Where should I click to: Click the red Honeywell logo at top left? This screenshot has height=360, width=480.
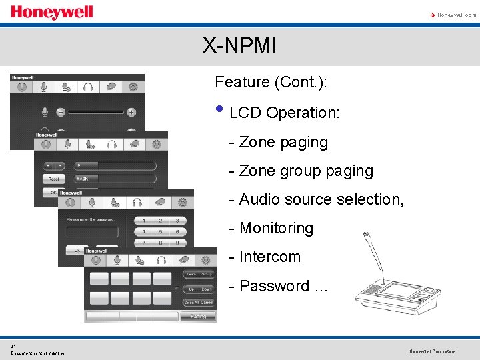52,12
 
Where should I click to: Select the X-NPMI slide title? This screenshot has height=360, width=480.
240,46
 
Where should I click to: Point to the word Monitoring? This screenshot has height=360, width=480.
276,228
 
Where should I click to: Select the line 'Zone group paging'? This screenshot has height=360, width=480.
301,171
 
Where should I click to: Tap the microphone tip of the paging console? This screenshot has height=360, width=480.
365,235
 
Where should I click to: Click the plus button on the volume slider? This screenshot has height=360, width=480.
132,112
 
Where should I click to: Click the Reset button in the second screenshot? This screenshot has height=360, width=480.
53,179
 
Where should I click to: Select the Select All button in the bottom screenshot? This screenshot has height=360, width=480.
190,303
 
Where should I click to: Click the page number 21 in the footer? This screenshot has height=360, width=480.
13,346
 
